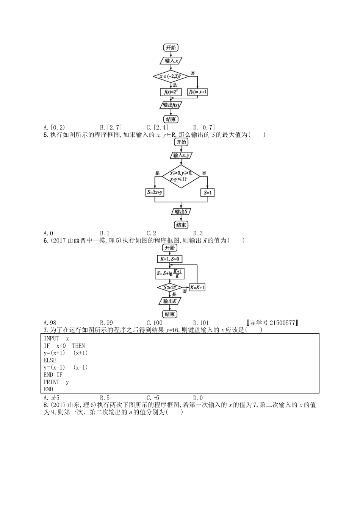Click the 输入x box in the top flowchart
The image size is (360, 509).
[x=171, y=61]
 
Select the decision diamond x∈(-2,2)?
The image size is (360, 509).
[x=171, y=77]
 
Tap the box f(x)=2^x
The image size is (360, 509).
[x=171, y=92]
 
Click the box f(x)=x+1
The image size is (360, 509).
[x=198, y=92]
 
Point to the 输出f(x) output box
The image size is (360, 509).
[x=171, y=105]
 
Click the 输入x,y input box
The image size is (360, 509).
[x=181, y=155]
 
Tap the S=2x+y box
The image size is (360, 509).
[x=155, y=192]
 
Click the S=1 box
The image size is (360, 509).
[x=208, y=192]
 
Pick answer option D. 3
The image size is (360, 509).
[x=198, y=233]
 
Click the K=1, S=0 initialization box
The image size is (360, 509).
[x=169, y=259]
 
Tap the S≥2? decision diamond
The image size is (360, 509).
[x=169, y=287]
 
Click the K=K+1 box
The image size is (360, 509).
[x=197, y=287]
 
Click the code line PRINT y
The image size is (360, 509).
[x=56, y=382]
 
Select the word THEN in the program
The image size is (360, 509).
[x=78, y=346]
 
